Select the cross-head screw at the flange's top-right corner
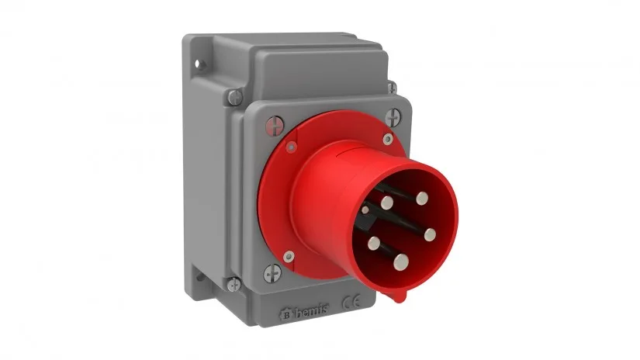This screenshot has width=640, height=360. tap(394, 117)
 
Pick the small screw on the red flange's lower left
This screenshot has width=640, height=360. tap(289, 253)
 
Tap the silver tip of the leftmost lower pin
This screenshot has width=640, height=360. tap(374, 241)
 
